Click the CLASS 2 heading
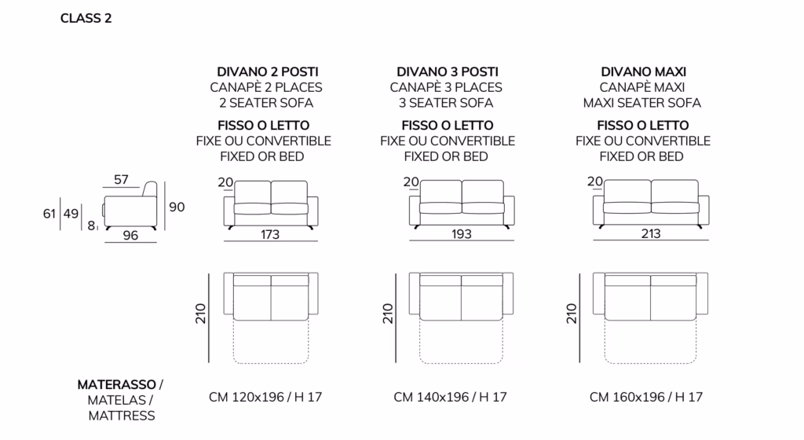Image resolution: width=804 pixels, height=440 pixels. point(86,18)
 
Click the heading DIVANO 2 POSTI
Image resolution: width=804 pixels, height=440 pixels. point(267,71)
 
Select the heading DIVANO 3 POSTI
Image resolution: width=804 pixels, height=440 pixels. point(447,71)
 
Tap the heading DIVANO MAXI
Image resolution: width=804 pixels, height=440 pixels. point(643,71)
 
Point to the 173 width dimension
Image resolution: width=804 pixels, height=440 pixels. point(270,234)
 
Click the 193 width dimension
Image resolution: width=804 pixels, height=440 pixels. point(461,234)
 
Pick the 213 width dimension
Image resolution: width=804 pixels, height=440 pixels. point(651,233)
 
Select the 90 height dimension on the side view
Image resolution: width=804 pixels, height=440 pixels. point(177,207)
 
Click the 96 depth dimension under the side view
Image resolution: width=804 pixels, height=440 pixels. point(130,236)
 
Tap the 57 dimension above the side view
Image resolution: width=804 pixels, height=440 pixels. point(121,179)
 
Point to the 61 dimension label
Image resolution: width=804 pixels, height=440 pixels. point(49,214)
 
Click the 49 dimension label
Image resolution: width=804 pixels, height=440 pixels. point(71,214)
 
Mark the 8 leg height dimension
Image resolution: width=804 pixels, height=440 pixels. point(91,225)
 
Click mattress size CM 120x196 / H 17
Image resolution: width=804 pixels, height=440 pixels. point(265,397)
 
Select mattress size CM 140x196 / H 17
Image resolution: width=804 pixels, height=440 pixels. point(450,397)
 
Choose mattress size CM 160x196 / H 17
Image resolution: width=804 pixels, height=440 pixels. point(646,397)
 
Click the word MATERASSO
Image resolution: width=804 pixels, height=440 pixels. point(116,385)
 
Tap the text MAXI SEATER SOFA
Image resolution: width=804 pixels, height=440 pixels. point(642,103)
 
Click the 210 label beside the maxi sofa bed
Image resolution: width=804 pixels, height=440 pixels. point(572,313)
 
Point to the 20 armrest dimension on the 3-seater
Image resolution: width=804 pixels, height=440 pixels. point(411,181)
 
